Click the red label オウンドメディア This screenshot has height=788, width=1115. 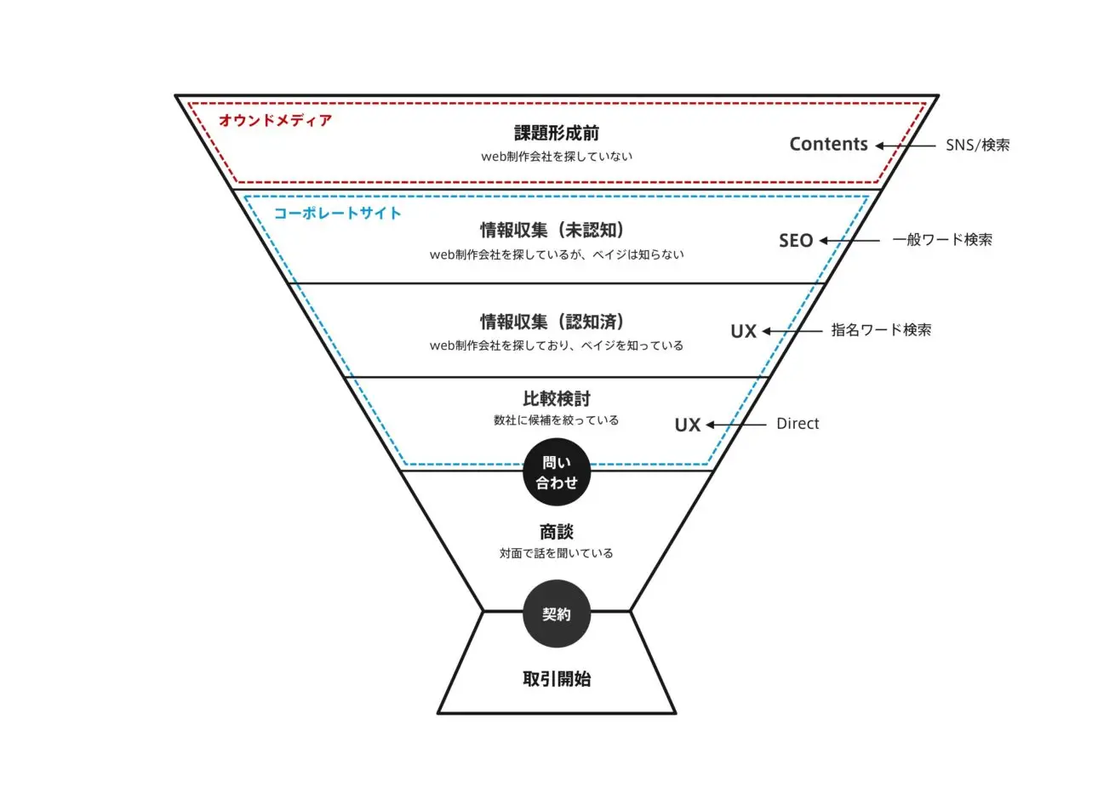(275, 121)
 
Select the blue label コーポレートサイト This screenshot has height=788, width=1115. (337, 213)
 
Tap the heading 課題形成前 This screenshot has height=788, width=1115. (557, 133)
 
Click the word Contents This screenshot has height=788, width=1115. (828, 145)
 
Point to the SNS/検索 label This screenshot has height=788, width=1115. (977, 146)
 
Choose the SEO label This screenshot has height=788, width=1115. (796, 241)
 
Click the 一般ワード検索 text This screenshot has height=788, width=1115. (942, 240)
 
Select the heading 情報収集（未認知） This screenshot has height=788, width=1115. (557, 230)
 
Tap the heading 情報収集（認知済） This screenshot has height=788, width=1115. (557, 322)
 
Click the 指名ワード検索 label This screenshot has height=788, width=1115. (881, 330)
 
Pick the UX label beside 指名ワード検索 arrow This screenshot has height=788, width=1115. (743, 332)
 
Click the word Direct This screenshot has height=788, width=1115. (798, 424)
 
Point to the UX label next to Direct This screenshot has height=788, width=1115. (688, 425)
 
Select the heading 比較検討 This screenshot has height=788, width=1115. (557, 398)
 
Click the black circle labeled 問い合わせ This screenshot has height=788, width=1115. (557, 472)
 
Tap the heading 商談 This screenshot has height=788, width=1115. (557, 532)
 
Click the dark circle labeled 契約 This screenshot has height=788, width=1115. (557, 614)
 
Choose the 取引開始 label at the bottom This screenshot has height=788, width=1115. (557, 679)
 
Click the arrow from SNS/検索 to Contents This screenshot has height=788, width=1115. (906, 146)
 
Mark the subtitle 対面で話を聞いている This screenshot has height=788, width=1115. (557, 553)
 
